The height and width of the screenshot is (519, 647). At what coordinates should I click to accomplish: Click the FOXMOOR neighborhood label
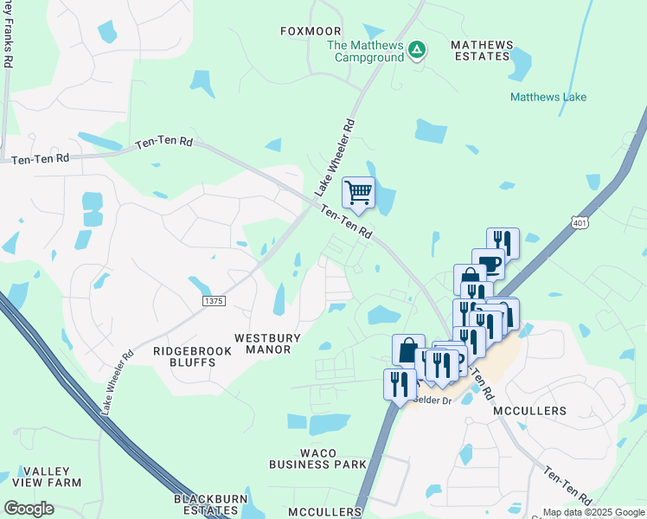306,31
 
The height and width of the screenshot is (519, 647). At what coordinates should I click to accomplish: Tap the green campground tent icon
417,50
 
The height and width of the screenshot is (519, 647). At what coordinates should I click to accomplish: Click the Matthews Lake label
548,98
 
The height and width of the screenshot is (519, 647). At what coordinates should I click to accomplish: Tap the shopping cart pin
358,192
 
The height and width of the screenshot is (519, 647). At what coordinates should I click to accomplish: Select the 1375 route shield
214,300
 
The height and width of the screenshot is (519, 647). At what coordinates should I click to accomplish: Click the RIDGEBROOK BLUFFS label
183,356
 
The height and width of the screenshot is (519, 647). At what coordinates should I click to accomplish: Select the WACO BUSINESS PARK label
317,458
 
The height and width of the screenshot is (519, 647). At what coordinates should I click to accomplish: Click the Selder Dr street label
432,400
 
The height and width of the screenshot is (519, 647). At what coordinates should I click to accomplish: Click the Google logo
29,509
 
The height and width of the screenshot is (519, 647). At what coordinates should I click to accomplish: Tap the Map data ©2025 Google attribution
593,512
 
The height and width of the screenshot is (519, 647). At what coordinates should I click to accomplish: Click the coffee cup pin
488,263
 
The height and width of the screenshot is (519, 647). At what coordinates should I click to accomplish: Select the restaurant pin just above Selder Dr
399,382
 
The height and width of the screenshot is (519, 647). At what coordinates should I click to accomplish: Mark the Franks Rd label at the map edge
9,35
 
